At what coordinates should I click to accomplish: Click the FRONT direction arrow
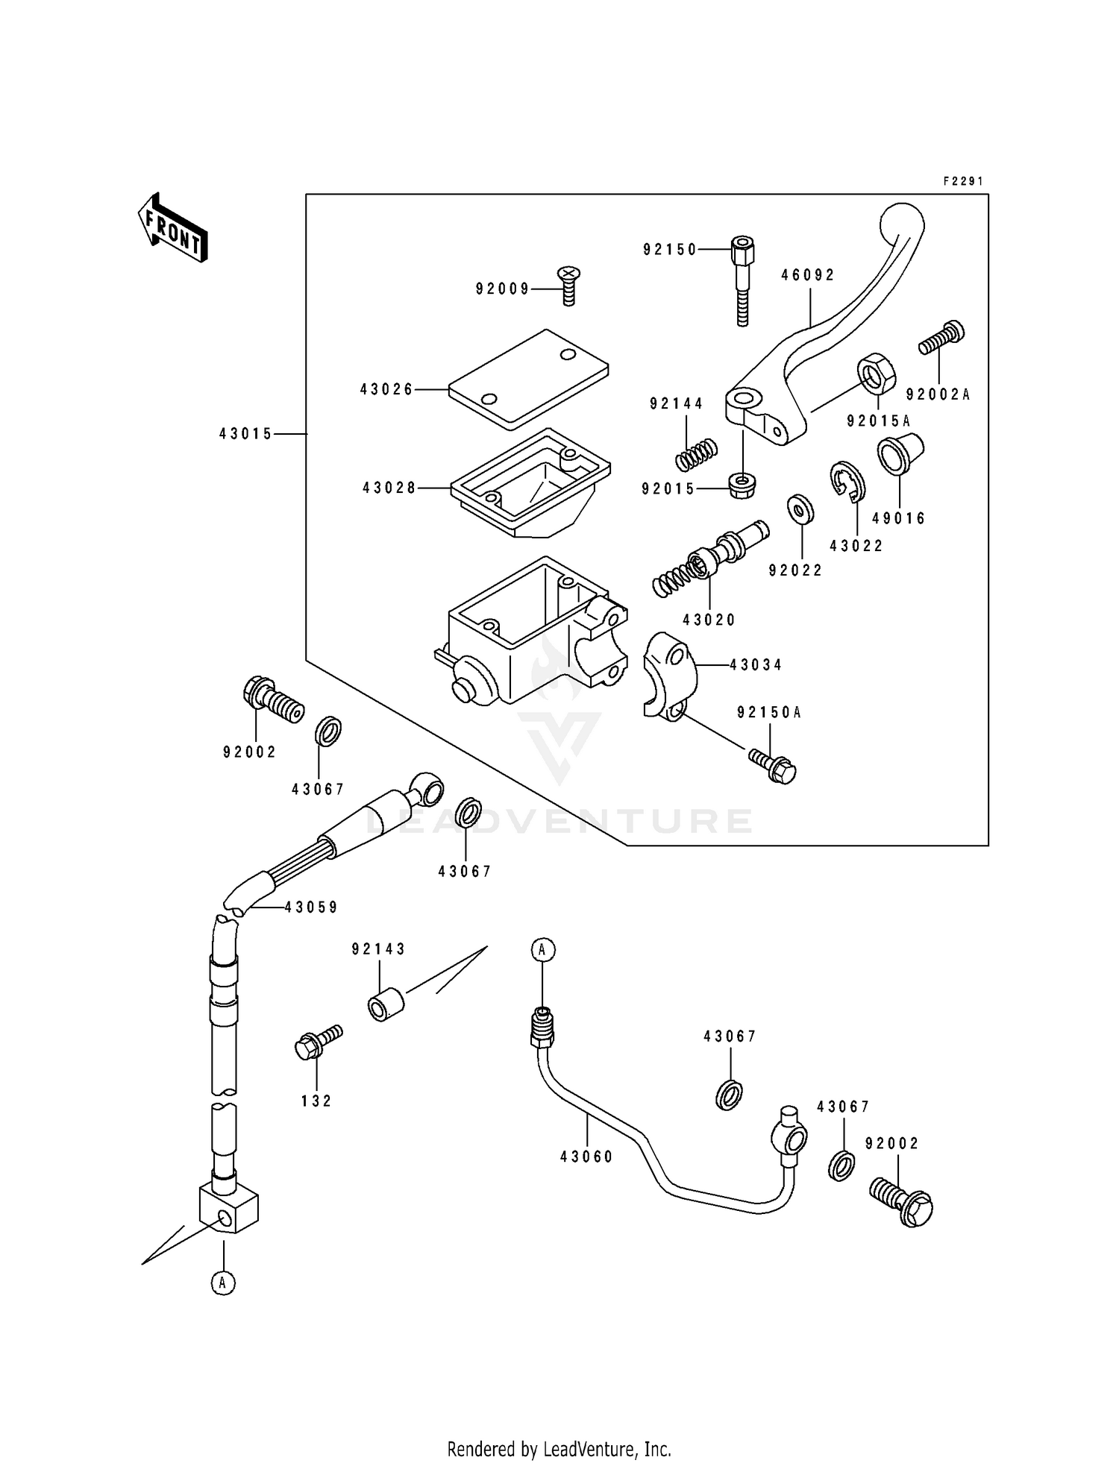(x=172, y=227)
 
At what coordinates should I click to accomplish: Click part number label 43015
(x=246, y=434)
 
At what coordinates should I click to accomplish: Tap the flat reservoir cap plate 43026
(x=528, y=379)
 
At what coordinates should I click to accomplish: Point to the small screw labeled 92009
(x=569, y=286)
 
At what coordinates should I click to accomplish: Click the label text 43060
(x=586, y=1157)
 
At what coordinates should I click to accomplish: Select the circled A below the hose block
(x=223, y=1283)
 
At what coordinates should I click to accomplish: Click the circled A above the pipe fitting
(x=543, y=950)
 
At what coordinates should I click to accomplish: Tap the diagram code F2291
(x=963, y=181)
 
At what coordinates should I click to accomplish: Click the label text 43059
(x=311, y=907)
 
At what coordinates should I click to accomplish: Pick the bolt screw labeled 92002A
(x=941, y=339)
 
